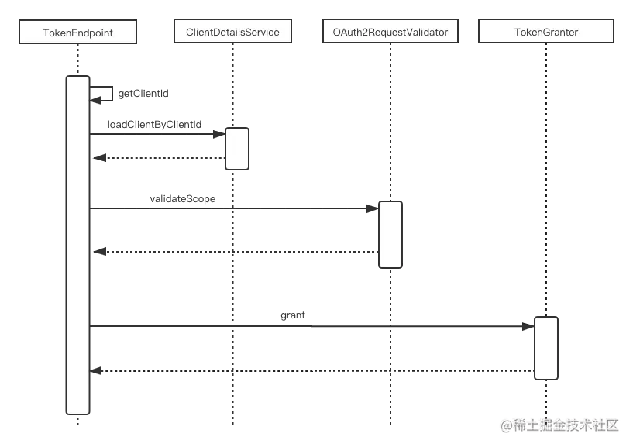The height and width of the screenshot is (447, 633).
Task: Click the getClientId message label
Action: [143, 94]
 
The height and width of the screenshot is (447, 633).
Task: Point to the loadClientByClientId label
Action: [154, 125]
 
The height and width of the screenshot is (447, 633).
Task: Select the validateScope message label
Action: [183, 198]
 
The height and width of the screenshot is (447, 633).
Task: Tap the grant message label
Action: [293, 315]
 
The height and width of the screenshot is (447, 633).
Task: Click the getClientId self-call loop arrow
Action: [112, 94]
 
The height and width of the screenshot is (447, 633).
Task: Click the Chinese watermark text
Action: [559, 425]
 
